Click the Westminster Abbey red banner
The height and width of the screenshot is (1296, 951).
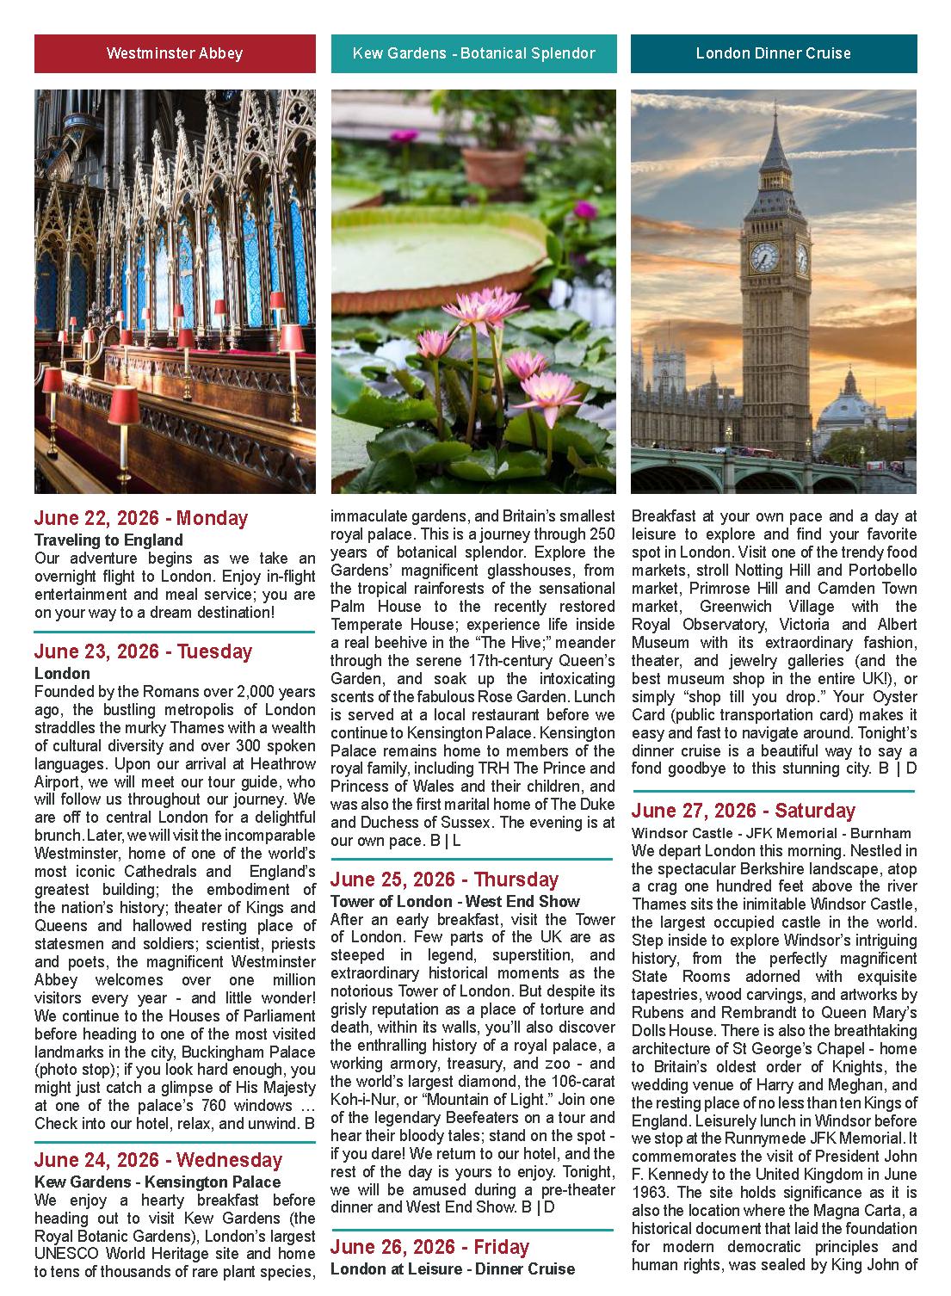(x=175, y=53)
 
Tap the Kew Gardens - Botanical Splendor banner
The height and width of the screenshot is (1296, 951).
(x=473, y=53)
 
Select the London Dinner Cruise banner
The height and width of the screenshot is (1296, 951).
(x=773, y=53)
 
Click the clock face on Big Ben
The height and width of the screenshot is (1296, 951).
(x=763, y=256)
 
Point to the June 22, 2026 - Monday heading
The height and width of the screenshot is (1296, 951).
(x=141, y=518)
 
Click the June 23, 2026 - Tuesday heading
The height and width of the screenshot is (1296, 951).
(x=143, y=651)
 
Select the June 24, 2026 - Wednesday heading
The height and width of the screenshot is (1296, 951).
(x=158, y=1160)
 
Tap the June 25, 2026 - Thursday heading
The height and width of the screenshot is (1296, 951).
(x=444, y=879)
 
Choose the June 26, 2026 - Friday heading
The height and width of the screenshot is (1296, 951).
(x=429, y=1247)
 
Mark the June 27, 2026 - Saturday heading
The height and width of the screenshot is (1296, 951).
(x=744, y=811)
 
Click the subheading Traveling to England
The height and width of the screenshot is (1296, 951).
(x=108, y=540)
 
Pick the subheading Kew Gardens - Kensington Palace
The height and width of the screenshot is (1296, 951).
(x=157, y=1182)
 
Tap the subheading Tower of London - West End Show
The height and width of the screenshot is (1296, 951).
(x=455, y=901)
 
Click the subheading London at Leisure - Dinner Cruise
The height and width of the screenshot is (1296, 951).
(x=453, y=1268)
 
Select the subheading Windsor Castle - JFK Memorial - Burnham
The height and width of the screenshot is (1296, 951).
(x=771, y=833)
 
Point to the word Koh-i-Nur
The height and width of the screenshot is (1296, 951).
(x=361, y=1100)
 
